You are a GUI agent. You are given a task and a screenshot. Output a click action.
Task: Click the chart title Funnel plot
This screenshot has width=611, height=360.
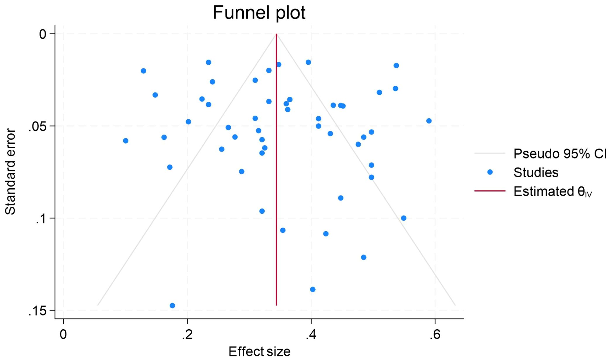pyautogui.click(x=259, y=13)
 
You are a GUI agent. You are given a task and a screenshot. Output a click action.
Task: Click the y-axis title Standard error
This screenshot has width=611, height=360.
pyautogui.click(x=10, y=172)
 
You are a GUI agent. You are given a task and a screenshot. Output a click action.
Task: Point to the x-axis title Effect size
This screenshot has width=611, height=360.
pyautogui.click(x=259, y=351)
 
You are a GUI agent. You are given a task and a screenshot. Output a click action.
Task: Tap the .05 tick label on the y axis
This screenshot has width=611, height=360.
pyautogui.click(x=37, y=126)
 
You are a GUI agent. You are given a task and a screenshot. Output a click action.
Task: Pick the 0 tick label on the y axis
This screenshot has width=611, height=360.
pyautogui.click(x=43, y=34)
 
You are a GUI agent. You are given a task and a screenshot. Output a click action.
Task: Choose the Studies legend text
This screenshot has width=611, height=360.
pyautogui.click(x=536, y=172)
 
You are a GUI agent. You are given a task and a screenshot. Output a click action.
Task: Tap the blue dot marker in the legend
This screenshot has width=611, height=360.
pyautogui.click(x=490, y=172)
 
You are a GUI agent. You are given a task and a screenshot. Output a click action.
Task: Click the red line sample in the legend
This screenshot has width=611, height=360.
pyautogui.click(x=490, y=191)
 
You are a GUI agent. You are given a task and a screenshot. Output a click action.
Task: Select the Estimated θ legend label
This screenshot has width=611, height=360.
pyautogui.click(x=553, y=192)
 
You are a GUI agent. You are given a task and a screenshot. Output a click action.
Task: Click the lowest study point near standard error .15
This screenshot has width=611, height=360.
pyautogui.click(x=172, y=306)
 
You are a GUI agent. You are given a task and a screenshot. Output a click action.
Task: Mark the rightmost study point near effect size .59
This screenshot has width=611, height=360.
pyautogui.click(x=429, y=121)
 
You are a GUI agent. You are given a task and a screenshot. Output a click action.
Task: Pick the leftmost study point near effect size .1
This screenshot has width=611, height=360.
pyautogui.click(x=125, y=141)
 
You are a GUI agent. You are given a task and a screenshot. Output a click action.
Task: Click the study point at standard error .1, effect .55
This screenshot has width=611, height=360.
pyautogui.click(x=404, y=218)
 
